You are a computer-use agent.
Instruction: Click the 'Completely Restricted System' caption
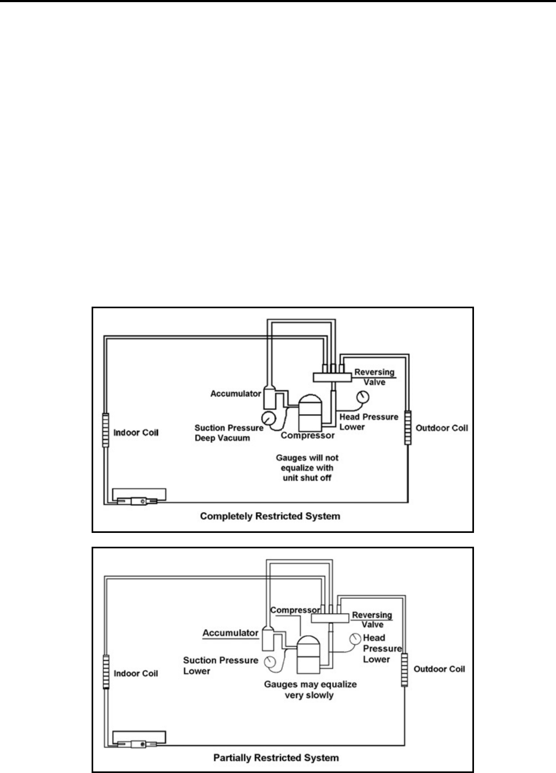270,516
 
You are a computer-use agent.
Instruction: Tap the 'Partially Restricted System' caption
276,757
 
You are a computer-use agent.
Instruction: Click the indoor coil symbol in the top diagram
105,430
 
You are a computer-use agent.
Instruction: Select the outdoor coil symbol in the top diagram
408,427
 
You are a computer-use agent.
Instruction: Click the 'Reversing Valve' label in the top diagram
374,377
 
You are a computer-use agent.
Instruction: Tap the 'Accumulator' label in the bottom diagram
230,633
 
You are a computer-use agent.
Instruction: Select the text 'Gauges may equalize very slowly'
310,689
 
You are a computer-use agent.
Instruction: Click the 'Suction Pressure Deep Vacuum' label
228,432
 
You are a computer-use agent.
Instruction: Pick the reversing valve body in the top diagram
331,377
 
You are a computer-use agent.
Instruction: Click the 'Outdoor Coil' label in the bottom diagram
439,669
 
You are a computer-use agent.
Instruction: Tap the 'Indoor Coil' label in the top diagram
136,432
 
